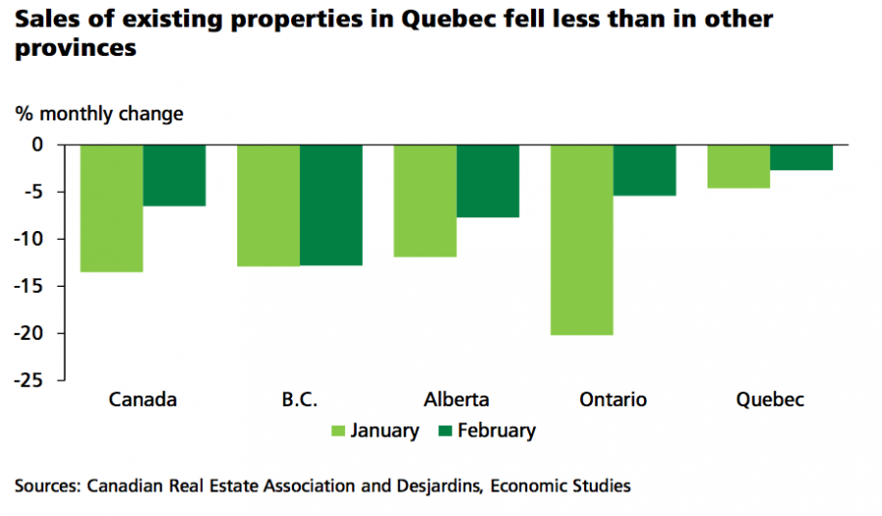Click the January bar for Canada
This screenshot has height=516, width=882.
pyautogui.click(x=112, y=208)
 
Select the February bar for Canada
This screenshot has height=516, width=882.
pyautogui.click(x=174, y=175)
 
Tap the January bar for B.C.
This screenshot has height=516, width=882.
pyautogui.click(x=269, y=205)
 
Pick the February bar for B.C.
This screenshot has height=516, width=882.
pyautogui.click(x=331, y=205)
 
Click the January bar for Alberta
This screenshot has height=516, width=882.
pyautogui.click(x=425, y=201)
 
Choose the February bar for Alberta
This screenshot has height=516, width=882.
pyautogui.click(x=488, y=180)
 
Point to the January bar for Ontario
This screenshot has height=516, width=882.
pyautogui.click(x=582, y=240)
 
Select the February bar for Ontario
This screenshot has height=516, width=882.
pyautogui.click(x=645, y=169)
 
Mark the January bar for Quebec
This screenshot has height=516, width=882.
pyautogui.click(x=739, y=165)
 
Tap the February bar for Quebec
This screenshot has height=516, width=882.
pyautogui.click(x=802, y=158)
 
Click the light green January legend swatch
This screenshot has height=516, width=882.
pyautogui.click(x=339, y=431)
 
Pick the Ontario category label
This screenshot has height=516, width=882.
pyautogui.click(x=613, y=399)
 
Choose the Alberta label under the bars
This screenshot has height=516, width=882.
pyautogui.click(x=457, y=399)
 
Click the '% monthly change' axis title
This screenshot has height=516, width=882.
pyautogui.click(x=99, y=114)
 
